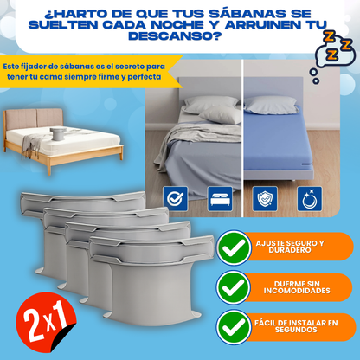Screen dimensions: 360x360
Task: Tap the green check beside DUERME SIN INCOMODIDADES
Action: pos(231,287)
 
